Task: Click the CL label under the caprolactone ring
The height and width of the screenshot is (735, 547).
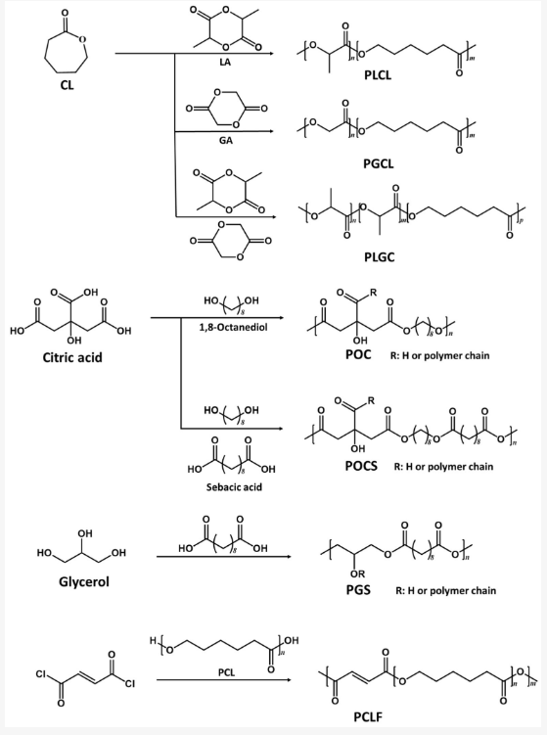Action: (67, 85)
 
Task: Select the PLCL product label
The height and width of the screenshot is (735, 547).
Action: (378, 75)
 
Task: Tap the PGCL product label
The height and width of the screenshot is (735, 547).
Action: (379, 163)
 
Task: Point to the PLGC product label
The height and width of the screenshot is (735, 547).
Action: (380, 256)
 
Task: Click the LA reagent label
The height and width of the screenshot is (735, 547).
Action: (225, 63)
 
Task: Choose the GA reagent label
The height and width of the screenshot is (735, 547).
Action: (225, 140)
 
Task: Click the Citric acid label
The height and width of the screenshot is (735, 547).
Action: (72, 357)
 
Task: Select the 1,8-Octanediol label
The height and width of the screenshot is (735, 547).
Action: (233, 327)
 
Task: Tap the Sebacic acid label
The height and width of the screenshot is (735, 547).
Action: (234, 487)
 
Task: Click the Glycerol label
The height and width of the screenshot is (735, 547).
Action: (84, 581)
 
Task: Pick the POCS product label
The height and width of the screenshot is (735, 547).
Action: (361, 467)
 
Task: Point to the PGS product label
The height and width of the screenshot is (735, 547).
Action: (358, 590)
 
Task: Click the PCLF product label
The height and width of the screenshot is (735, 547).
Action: (368, 716)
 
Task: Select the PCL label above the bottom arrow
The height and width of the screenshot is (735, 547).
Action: (226, 672)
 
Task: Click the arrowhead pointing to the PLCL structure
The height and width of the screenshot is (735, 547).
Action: (270, 54)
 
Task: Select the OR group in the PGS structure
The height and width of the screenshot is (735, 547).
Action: (357, 574)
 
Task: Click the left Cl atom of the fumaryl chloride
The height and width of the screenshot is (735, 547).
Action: (42, 674)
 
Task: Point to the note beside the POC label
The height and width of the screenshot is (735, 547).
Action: (439, 356)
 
